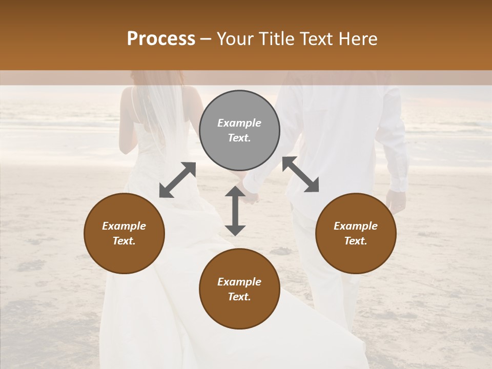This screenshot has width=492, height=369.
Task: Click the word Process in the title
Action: point(161,39)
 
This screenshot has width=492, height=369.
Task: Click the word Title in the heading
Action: point(277,39)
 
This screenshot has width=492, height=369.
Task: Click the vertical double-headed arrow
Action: point(235,211)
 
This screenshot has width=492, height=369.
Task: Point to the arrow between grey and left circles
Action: point(177,180)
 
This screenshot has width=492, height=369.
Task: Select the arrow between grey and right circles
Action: point(300,174)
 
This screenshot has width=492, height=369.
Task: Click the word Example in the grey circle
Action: point(239,123)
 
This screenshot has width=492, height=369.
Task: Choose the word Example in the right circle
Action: point(356,226)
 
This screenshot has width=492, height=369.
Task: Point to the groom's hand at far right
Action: point(396,201)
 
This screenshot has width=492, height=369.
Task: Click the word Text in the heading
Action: point(317,39)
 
